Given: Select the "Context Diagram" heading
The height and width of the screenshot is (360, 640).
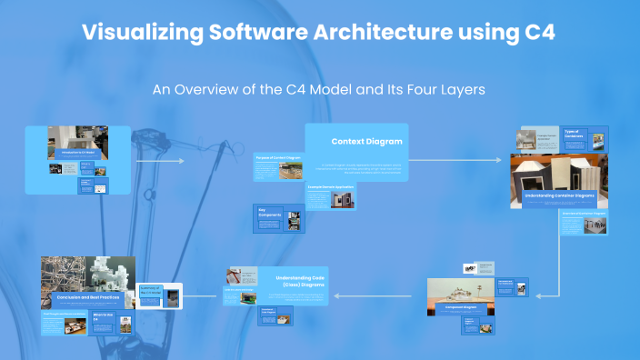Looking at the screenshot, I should (x=366, y=141).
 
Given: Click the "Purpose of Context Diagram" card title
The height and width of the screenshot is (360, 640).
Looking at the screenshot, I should (x=277, y=158).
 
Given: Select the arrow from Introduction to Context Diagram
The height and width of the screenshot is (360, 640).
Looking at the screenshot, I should (x=159, y=162).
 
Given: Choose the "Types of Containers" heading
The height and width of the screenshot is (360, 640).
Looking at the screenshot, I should (x=574, y=134).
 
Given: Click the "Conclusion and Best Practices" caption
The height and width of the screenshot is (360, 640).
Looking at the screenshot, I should (x=86, y=296).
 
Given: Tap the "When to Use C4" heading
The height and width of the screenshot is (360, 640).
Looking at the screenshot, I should (x=101, y=319).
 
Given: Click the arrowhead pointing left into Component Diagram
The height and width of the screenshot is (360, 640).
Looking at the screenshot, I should (x=537, y=295).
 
